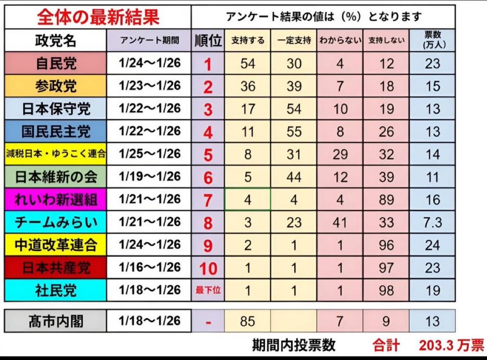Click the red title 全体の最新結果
click(98, 17)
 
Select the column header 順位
click(208, 41)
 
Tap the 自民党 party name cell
click(55, 63)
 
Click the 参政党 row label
click(55, 86)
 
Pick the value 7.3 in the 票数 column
click(432, 223)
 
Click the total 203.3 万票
click(451, 345)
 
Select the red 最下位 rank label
click(208, 290)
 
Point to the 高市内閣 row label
click(55, 322)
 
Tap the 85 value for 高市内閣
click(248, 322)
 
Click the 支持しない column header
click(386, 41)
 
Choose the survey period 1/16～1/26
click(150, 268)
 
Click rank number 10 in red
click(208, 269)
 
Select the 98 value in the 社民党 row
click(386, 290)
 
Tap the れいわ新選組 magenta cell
click(55, 200)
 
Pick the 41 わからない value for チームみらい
click(340, 223)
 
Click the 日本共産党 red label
click(55, 268)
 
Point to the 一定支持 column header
click(294, 41)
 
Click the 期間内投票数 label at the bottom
click(294, 345)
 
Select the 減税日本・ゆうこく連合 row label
click(55, 154)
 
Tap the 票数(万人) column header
click(432, 40)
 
